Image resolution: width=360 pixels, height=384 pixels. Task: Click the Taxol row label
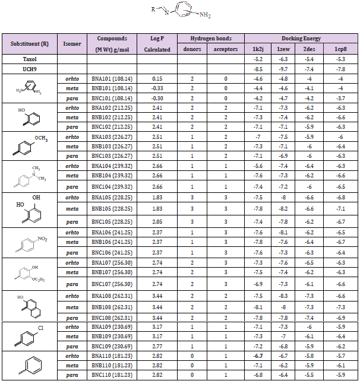(16, 60)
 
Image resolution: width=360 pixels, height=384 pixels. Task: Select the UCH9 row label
(16, 69)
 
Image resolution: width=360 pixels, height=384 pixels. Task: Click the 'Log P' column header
(157, 38)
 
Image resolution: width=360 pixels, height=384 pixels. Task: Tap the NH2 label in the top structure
(207, 14)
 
